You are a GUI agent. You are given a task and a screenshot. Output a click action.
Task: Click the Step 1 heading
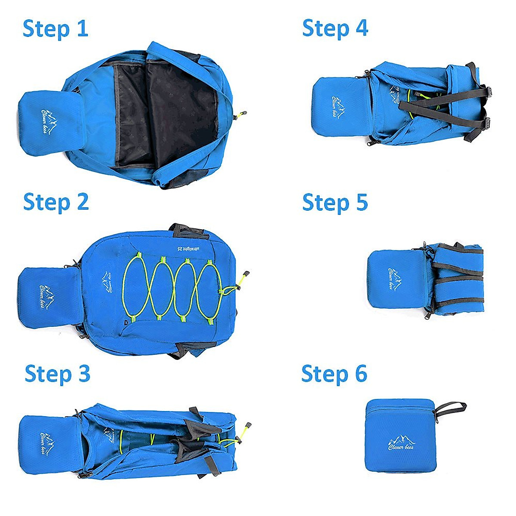tap(55, 29)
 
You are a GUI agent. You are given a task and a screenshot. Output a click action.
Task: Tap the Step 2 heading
tap(56, 202)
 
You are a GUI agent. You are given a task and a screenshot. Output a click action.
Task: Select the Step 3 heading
tap(57, 374)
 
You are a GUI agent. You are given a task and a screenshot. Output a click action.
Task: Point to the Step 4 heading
tap(335, 28)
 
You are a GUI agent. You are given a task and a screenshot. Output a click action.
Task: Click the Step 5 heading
tap(335, 202)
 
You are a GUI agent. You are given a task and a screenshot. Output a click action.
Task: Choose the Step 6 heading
tap(334, 373)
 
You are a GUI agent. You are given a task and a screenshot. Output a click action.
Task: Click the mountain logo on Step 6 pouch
tap(402, 443)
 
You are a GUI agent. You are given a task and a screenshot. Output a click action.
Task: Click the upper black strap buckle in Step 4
tap(488, 91)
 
